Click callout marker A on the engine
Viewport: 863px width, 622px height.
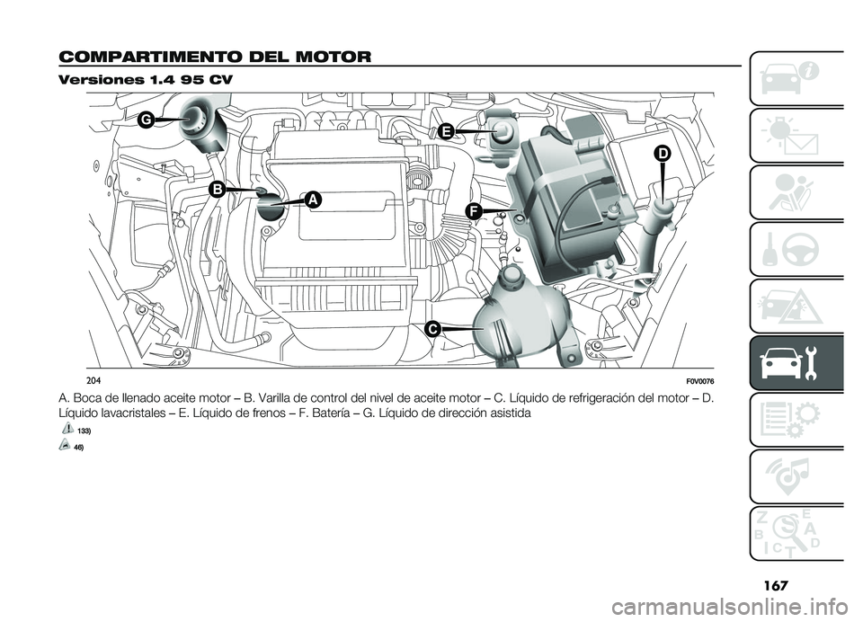pyautogui.click(x=312, y=200)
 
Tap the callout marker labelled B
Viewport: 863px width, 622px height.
pyautogui.click(x=218, y=190)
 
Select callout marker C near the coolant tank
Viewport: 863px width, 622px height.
pyautogui.click(x=432, y=329)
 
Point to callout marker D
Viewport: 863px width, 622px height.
pyautogui.click(x=663, y=154)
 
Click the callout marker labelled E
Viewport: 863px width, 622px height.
pyautogui.click(x=447, y=131)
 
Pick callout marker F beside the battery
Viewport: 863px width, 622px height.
pyautogui.click(x=474, y=210)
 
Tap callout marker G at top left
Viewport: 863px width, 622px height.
pyautogui.click(x=146, y=120)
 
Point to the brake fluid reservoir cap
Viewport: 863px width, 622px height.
pyautogui.click(x=502, y=130)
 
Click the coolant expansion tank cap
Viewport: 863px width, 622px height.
pyautogui.click(x=511, y=273)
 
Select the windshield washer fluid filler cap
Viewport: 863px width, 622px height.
pyautogui.click(x=663, y=208)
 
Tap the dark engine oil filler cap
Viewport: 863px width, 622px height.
pyautogui.click(x=271, y=208)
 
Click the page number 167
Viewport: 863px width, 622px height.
pyautogui.click(x=775, y=585)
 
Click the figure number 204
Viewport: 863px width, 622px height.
pyautogui.click(x=93, y=381)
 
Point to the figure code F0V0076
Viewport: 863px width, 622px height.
pyautogui.click(x=699, y=381)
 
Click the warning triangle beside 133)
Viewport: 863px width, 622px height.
pyautogui.click(x=67, y=428)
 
